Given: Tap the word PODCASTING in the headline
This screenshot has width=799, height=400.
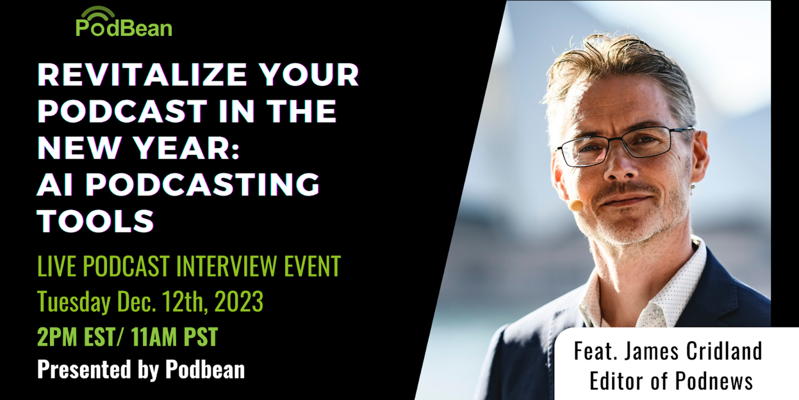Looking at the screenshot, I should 203,184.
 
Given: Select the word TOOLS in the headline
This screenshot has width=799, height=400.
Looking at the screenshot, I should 95,220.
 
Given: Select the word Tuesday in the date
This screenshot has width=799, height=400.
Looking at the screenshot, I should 74,302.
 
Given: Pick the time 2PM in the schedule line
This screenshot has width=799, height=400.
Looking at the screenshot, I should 58,337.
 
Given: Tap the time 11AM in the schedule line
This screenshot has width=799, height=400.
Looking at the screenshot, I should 148,337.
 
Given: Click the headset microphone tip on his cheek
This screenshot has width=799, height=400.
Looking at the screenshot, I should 576,204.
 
